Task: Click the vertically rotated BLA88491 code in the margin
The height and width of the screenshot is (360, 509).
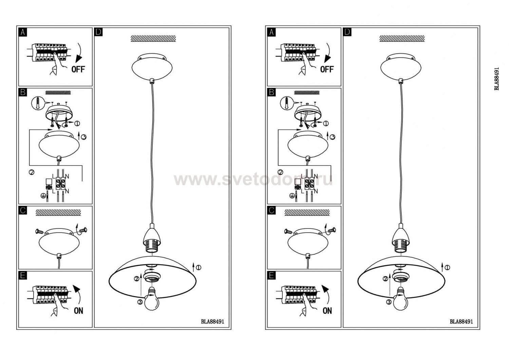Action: [x=497, y=79]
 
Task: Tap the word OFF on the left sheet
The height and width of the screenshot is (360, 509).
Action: [x=78, y=69]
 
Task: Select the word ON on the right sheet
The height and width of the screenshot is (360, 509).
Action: [x=327, y=311]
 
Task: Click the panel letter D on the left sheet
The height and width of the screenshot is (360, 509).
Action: [x=98, y=32]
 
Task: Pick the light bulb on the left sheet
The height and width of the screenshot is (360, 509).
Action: [x=152, y=299]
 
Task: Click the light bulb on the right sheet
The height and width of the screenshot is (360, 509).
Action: [x=401, y=299]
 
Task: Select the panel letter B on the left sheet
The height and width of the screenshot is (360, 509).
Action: [x=23, y=92]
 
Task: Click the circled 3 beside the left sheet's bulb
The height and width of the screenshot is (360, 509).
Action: [x=140, y=302]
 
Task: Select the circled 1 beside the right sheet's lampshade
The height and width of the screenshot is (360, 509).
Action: [x=447, y=268]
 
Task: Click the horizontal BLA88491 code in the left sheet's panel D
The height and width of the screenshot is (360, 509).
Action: [x=212, y=322]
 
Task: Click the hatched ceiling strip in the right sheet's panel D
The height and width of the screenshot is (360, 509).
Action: [x=402, y=38]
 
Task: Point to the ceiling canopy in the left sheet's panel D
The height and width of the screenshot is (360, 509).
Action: [x=152, y=67]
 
